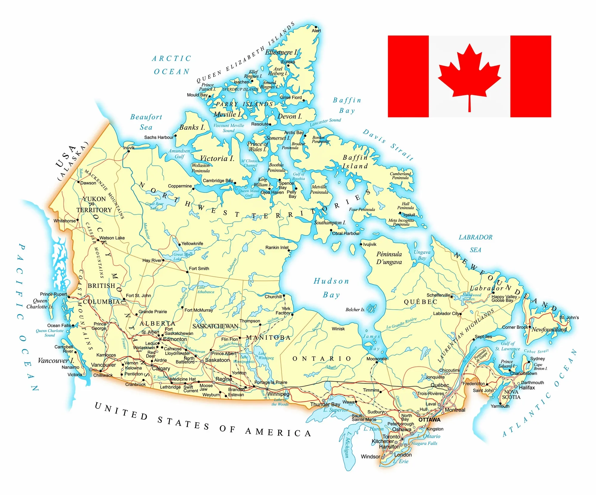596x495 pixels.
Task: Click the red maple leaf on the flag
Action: click(x=469, y=75)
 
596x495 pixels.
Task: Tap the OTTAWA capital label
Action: click(x=429, y=420)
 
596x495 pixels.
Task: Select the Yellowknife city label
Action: click(x=192, y=243)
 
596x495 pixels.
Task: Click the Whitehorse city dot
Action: click(x=77, y=220)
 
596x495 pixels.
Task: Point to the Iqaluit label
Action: click(x=409, y=215)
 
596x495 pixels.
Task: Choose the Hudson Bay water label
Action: click(x=331, y=288)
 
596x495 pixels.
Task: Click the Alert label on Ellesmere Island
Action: click(x=316, y=30)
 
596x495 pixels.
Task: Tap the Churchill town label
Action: click(x=273, y=297)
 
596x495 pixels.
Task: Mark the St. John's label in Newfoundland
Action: click(x=569, y=317)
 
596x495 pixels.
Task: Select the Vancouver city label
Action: click(x=103, y=365)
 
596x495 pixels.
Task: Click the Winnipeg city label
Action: click(x=278, y=394)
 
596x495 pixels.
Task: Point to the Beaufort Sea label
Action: click(x=146, y=122)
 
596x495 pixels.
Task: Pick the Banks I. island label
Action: click(x=192, y=127)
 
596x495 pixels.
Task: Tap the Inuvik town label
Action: click(x=129, y=148)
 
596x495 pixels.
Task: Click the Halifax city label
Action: click(x=527, y=387)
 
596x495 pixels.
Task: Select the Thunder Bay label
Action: click(x=325, y=404)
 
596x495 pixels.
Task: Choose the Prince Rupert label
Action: click(x=53, y=294)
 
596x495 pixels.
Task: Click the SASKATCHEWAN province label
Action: click(x=215, y=326)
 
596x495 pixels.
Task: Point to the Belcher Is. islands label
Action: click(x=355, y=310)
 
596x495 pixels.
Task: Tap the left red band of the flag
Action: click(x=408, y=76)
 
